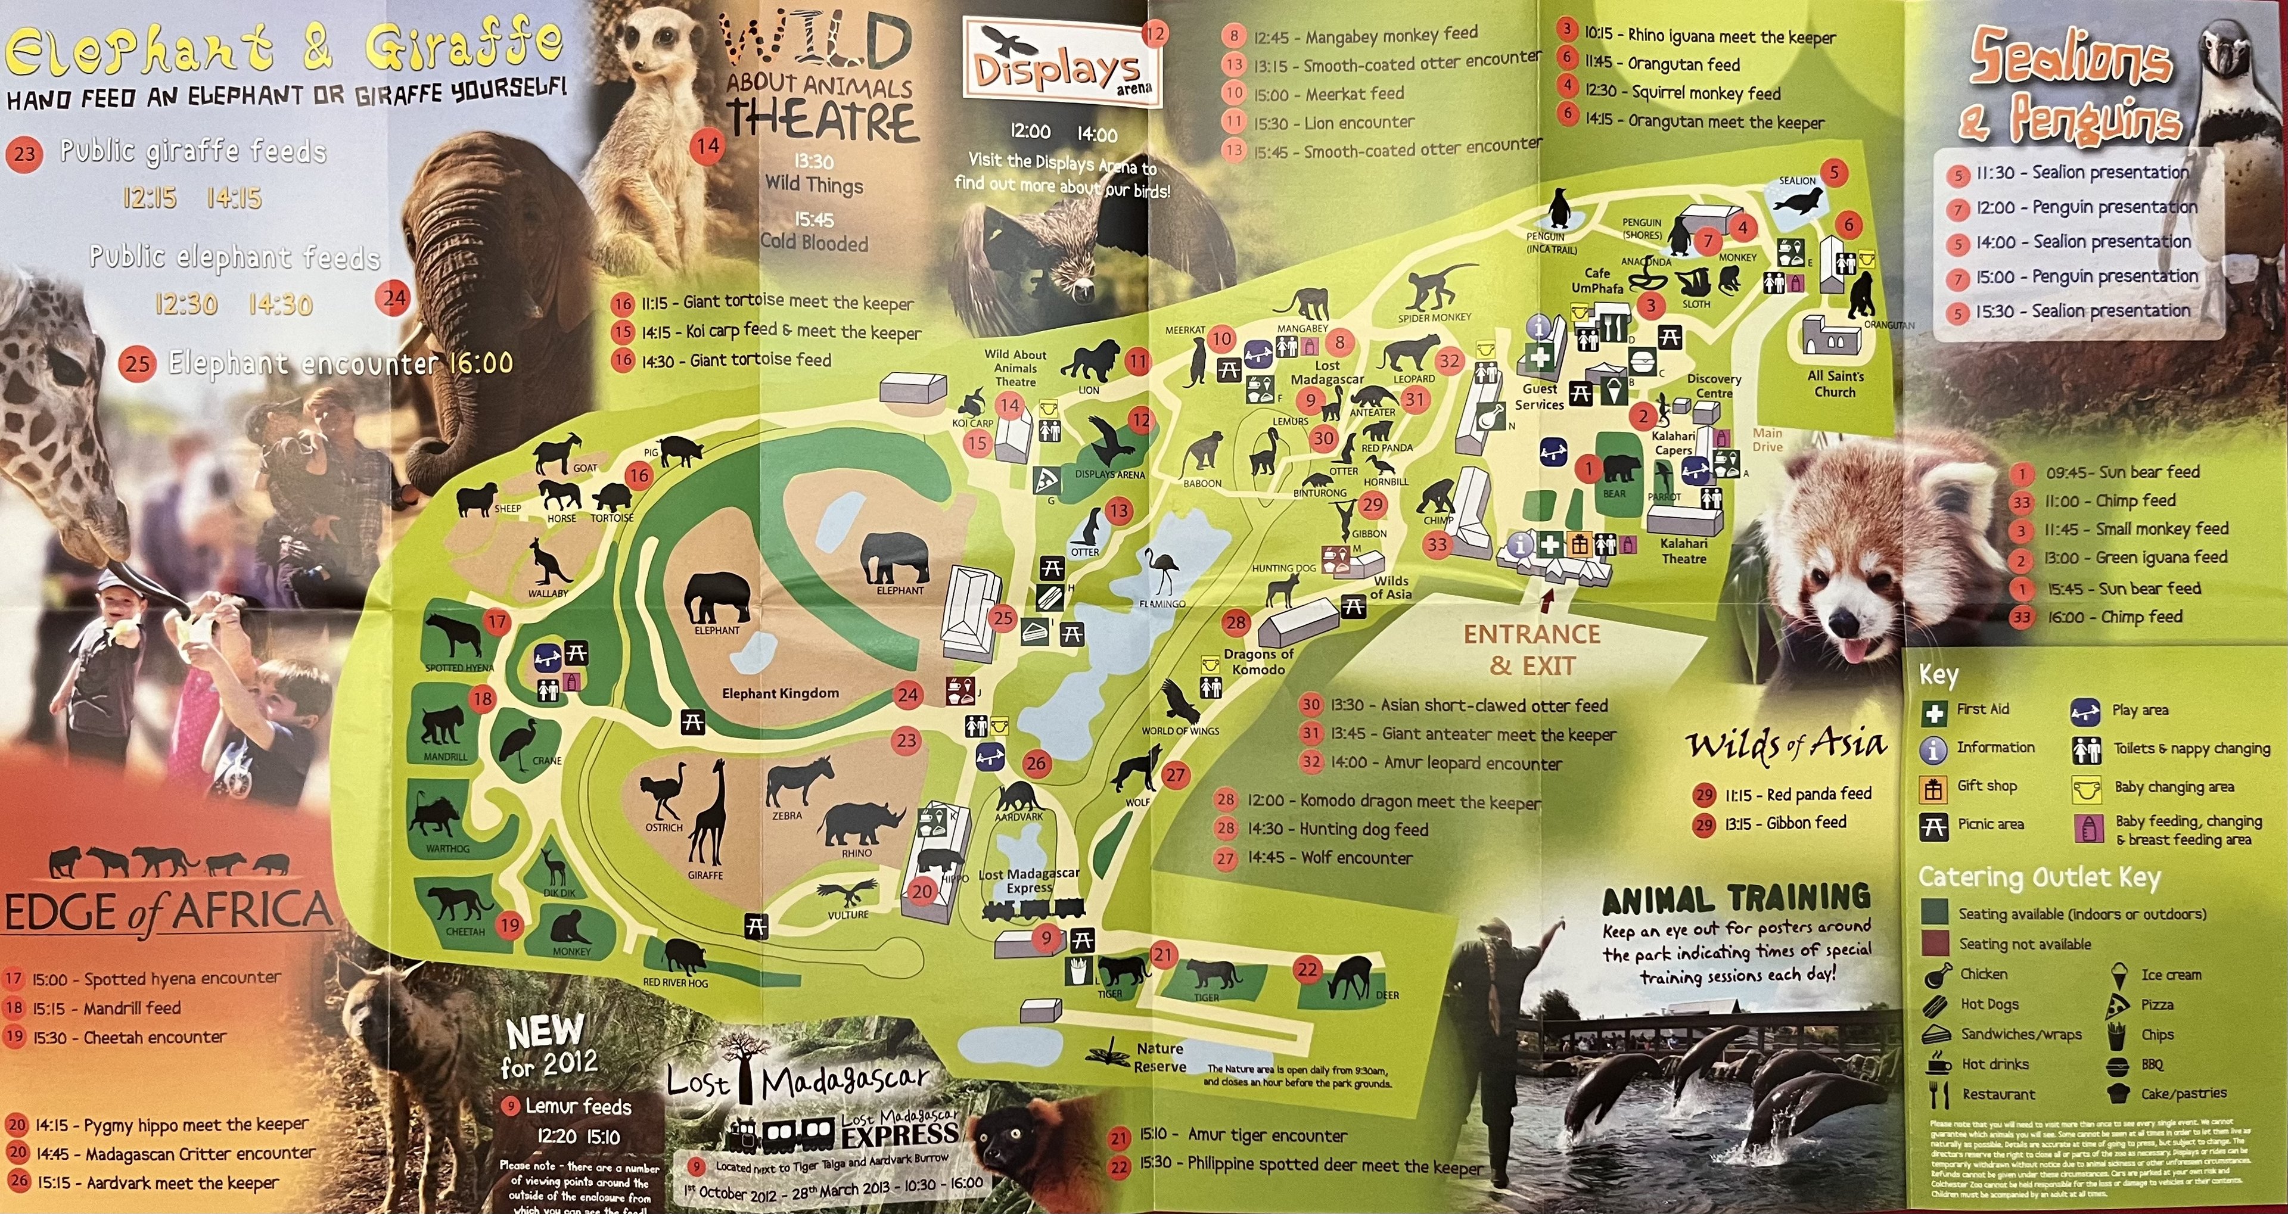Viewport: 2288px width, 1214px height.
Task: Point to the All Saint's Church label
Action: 1836,384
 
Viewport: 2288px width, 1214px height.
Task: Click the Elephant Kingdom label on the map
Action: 780,693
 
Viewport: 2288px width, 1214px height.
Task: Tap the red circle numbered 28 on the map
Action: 1236,622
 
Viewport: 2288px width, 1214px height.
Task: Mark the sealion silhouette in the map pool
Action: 1797,201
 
